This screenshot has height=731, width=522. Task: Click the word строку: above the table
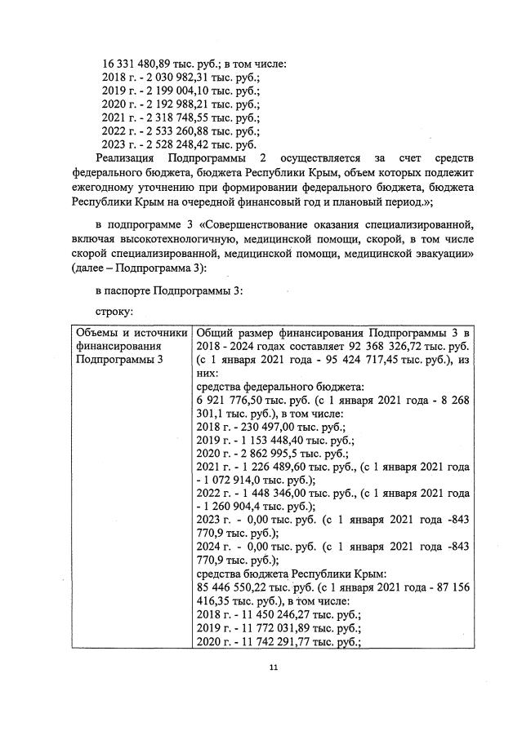point(114,312)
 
